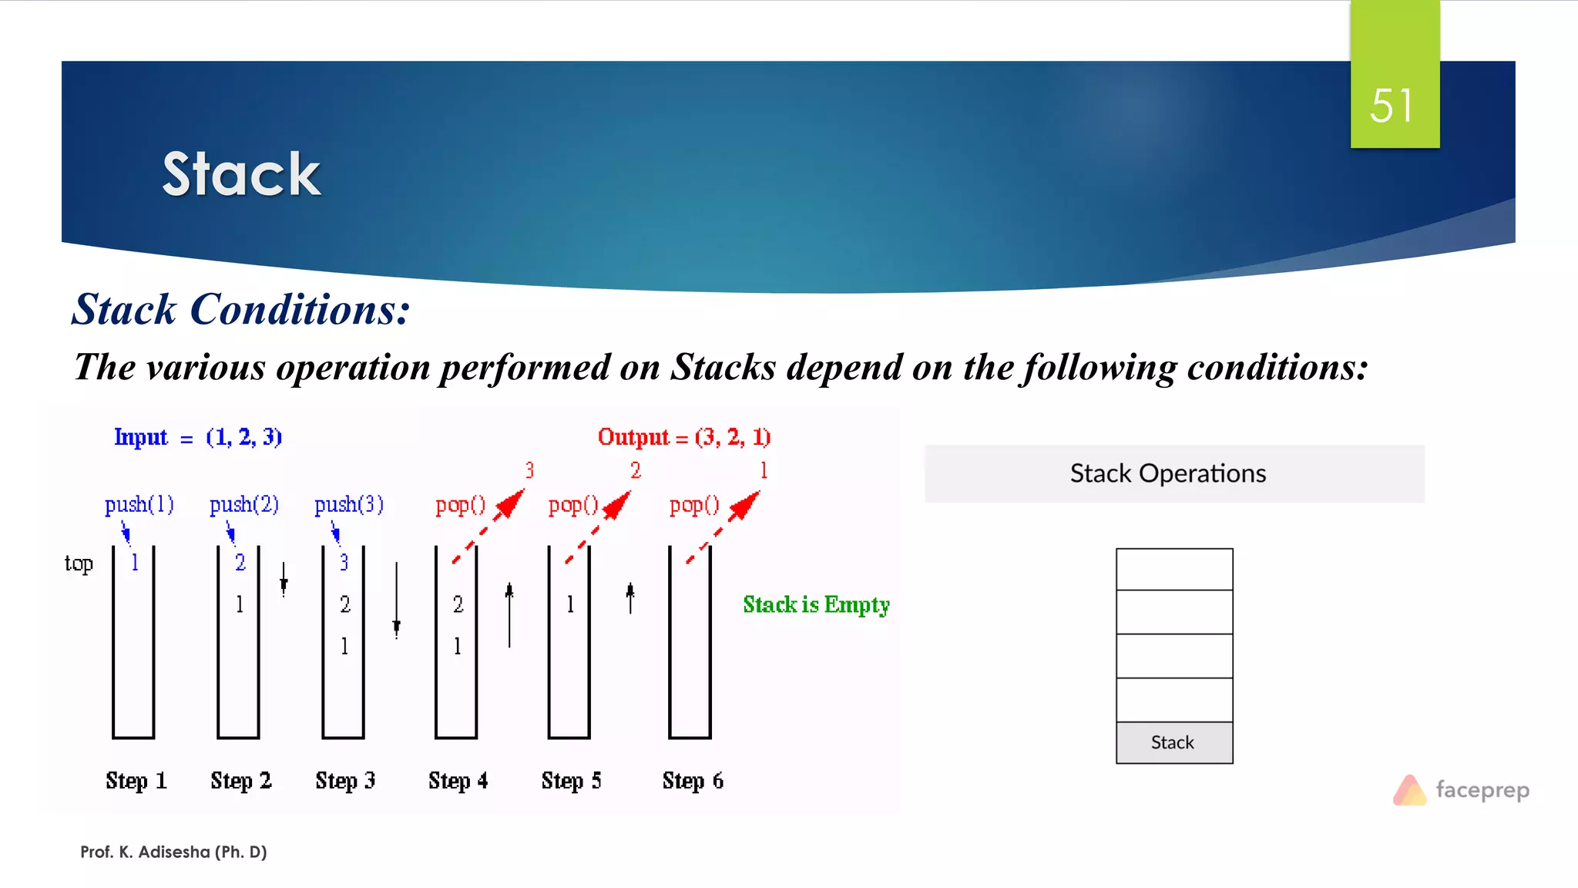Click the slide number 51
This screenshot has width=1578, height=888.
1392,106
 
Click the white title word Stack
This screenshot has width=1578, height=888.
241,174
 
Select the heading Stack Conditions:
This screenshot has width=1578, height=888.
240,310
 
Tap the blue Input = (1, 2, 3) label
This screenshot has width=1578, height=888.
197,437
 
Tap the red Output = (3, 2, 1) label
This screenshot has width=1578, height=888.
683,437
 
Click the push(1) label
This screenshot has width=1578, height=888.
139,504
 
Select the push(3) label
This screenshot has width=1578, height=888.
348,504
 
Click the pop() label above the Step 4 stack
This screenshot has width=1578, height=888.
460,505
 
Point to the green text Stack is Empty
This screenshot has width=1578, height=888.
816,604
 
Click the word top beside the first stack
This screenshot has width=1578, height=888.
79,563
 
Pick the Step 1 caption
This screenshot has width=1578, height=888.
136,780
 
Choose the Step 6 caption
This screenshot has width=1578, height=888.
693,780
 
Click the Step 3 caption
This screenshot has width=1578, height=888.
345,780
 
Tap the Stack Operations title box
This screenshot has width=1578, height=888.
1173,473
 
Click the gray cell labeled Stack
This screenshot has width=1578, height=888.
1173,742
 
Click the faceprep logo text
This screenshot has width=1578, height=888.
1482,789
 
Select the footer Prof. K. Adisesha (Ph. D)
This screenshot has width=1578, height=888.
173,852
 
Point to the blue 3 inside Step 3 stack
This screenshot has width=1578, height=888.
344,563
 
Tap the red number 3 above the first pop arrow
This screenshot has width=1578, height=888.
529,470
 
